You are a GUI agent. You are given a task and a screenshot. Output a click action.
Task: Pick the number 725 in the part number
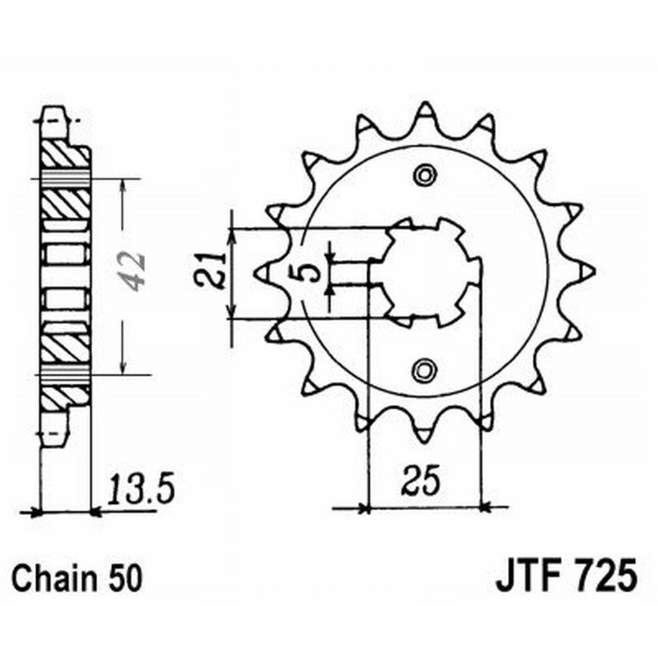604,575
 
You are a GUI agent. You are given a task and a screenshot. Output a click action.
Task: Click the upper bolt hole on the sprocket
424,174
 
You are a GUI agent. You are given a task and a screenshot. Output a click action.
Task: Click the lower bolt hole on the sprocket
424,369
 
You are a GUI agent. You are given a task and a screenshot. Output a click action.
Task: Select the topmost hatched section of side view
64,153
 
